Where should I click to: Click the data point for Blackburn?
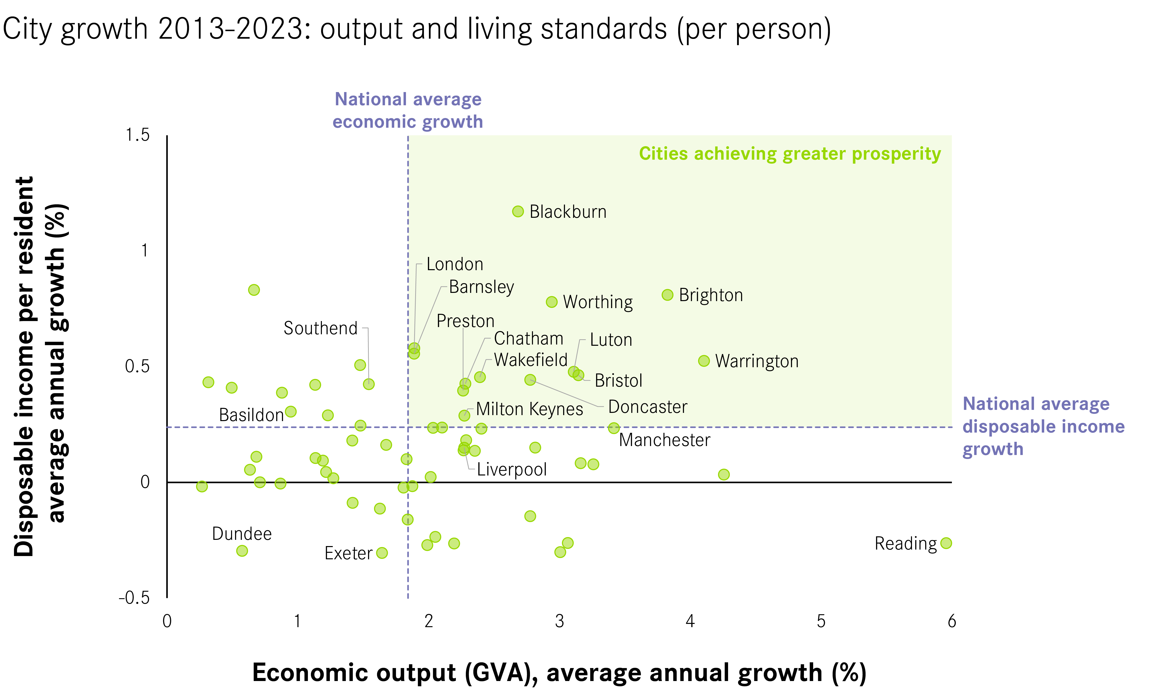pos(517,211)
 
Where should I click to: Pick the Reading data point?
pos(946,543)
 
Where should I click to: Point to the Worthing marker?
pos(552,302)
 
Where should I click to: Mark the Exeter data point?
pos(382,553)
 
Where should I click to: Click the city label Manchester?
pos(664,440)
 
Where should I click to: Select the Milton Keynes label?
pos(529,409)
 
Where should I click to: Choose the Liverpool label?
pos(512,469)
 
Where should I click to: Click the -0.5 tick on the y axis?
pos(134,597)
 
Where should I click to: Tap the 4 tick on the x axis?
pos(690,621)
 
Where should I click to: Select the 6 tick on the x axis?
pos(952,621)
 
